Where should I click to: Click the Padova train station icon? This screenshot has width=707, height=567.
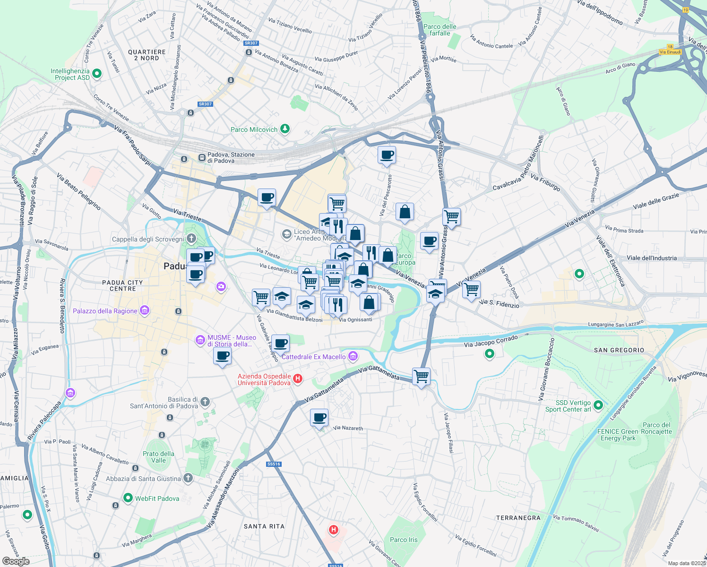point(202,157)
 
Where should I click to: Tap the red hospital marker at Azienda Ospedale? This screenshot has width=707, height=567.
point(298,378)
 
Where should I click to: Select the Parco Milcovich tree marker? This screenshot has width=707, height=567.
point(285,129)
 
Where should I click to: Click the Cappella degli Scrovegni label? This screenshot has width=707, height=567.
point(148,239)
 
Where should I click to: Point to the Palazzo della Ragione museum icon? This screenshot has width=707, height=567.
point(145,310)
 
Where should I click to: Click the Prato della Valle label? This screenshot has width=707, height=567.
point(158,457)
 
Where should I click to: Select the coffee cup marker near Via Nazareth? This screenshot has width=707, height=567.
point(319,418)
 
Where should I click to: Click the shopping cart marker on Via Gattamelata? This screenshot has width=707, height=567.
point(421,377)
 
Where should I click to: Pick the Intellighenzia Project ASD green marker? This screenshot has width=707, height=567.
point(97,74)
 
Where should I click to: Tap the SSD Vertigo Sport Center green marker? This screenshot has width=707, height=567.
point(598,405)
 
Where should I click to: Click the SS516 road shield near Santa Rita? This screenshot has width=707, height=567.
point(274,464)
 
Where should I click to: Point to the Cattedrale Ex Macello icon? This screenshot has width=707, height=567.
point(353,356)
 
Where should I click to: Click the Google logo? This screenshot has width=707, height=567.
point(16,561)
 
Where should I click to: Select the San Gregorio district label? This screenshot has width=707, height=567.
point(619,350)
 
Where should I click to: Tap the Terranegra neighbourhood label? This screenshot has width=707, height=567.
point(518,518)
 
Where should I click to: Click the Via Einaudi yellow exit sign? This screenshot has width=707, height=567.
point(670,52)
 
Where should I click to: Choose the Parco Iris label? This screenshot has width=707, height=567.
point(404,540)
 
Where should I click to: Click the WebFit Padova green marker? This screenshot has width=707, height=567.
point(128,498)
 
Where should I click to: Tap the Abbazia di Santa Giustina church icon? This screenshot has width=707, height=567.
point(188,478)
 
